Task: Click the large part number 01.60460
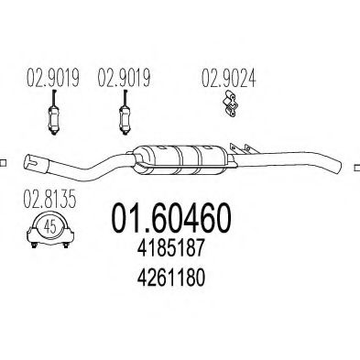pyautogui.click(x=171, y=218)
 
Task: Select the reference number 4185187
pyautogui.click(x=170, y=248)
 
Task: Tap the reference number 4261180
pyautogui.click(x=170, y=278)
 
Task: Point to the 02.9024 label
pyautogui.click(x=228, y=78)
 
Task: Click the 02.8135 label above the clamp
pyautogui.click(x=49, y=199)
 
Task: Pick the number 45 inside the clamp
pyautogui.click(x=50, y=227)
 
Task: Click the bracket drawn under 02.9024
pyautogui.click(x=230, y=104)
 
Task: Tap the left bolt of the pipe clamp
pyautogui.click(x=34, y=245)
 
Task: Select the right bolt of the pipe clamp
pyautogui.click(x=65, y=245)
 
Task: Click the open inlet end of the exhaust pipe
pyautogui.click(x=31, y=161)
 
